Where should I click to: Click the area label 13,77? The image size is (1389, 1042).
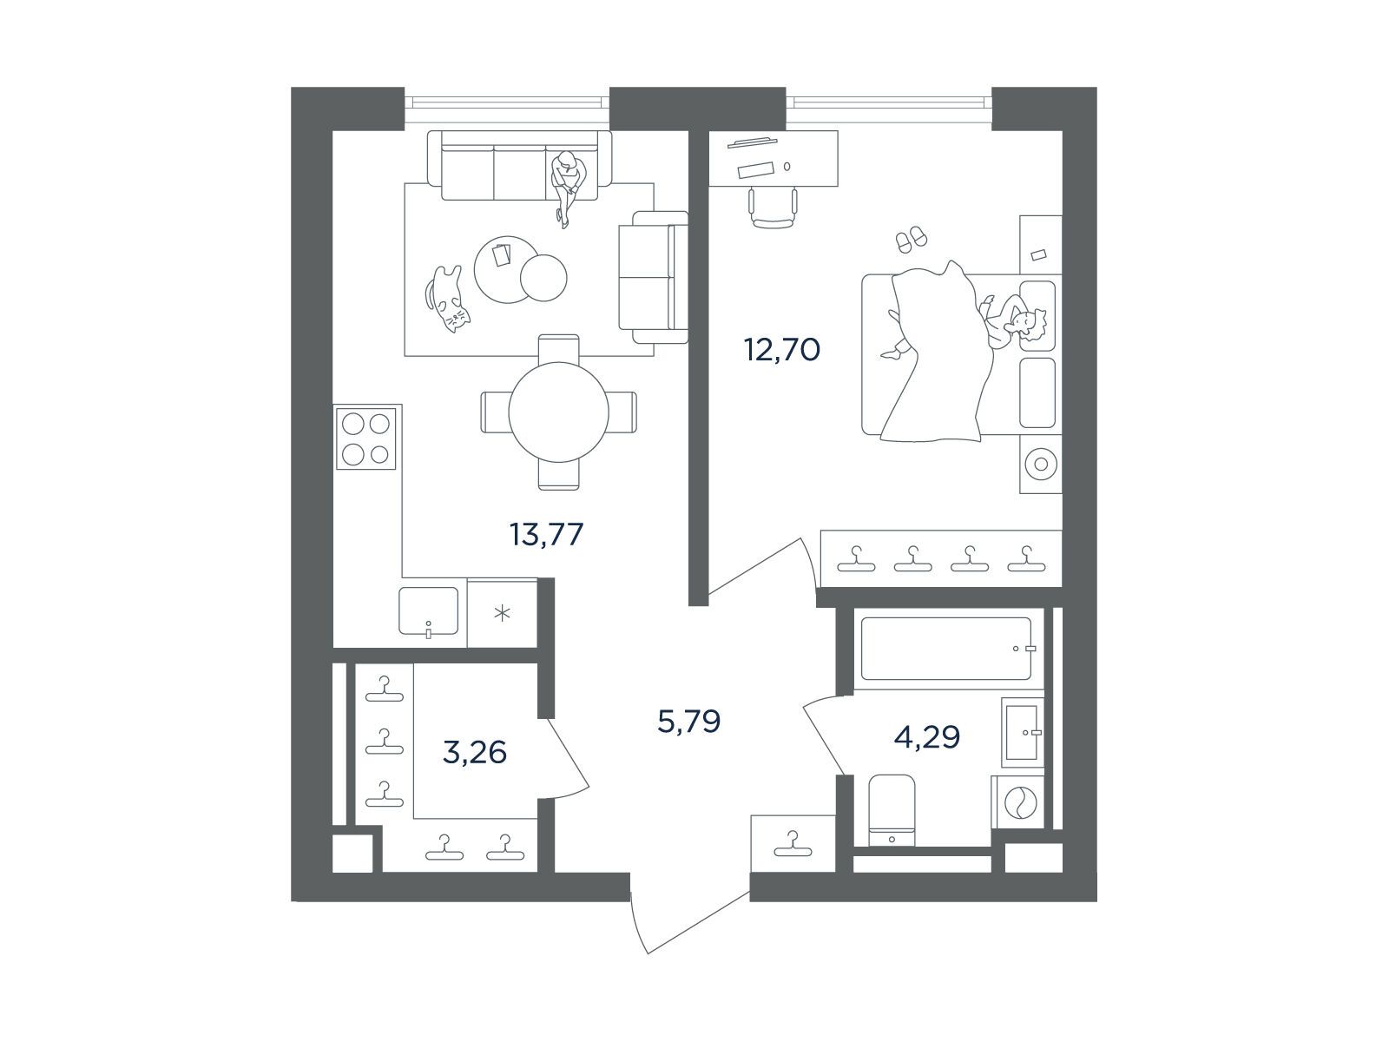click(x=546, y=535)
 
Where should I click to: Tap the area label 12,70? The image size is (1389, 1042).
click(x=782, y=349)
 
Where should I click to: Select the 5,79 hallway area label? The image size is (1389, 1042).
click(x=689, y=722)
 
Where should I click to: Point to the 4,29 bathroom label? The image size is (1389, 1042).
click(x=927, y=737)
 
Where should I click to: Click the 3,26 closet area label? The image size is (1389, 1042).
click(x=475, y=752)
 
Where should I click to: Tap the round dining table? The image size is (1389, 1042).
click(x=559, y=412)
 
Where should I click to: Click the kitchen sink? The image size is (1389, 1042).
click(x=428, y=611)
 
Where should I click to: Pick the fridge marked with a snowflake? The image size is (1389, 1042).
click(x=503, y=613)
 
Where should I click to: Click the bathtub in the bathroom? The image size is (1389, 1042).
click(x=946, y=649)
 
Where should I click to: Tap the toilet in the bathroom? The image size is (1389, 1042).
click(x=892, y=810)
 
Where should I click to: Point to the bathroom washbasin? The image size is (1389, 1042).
click(x=1022, y=732)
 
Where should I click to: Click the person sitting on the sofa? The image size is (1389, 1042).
click(x=568, y=188)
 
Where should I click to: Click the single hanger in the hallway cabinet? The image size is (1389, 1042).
click(x=793, y=845)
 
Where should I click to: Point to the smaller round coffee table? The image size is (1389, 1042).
click(x=543, y=278)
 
